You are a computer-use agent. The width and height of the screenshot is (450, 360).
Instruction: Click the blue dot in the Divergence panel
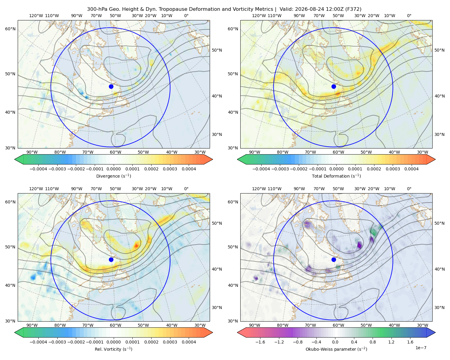[111, 86]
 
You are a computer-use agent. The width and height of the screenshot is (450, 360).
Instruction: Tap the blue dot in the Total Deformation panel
[334, 86]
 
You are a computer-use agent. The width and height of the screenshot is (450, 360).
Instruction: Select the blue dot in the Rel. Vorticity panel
[111, 259]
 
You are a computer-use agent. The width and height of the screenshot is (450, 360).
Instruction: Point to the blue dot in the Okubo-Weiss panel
[334, 259]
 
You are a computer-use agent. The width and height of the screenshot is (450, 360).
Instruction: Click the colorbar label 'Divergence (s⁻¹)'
[113, 176]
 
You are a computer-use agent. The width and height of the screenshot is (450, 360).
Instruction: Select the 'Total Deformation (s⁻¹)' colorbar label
[336, 176]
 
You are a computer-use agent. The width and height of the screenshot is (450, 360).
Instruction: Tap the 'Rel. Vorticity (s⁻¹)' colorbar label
[113, 349]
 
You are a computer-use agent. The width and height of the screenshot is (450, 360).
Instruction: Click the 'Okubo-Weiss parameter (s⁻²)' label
[336, 349]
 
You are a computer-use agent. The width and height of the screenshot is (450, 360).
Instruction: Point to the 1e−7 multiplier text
[421, 348]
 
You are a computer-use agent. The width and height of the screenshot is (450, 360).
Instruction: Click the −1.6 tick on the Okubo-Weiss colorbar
[260, 342]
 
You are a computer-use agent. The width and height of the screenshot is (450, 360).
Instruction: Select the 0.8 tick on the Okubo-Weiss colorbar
[373, 342]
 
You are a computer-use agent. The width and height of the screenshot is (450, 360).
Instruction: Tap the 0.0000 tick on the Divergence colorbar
[113, 169]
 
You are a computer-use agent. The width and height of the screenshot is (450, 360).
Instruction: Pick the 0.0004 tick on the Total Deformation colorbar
[411, 169]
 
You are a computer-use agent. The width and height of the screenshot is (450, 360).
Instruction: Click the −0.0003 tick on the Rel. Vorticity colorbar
[57, 342]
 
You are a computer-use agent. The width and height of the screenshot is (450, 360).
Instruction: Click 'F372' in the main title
[353, 9]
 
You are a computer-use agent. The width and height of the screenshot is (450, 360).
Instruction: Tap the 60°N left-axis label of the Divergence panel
[10, 29]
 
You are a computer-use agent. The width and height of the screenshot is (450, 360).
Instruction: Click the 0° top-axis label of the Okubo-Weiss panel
[409, 189]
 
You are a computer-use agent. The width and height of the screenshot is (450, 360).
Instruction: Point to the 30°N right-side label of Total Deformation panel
[439, 134]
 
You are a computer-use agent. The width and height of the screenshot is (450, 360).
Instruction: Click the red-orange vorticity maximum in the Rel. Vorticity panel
[136, 245]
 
